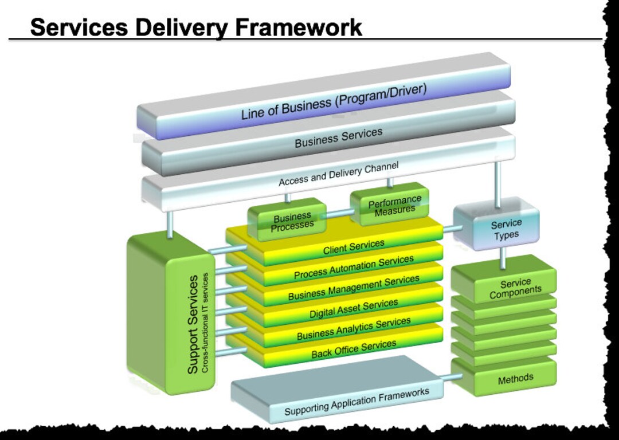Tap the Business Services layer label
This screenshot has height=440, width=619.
338,137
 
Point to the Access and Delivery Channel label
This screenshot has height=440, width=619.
338,173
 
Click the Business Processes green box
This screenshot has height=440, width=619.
293,221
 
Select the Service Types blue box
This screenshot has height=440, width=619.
506,229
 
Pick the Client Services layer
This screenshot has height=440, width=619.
354,247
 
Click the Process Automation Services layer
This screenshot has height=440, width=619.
354,268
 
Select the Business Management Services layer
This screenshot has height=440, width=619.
354,288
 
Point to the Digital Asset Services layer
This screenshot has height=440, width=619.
354,309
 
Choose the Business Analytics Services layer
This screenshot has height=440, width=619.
354,328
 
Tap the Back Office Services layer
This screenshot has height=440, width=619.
354,349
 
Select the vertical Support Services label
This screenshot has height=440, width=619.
194,324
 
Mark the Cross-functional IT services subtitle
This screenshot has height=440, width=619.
206,324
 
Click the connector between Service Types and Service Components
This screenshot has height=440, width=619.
503,260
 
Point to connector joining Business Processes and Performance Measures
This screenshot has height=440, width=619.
338,214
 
